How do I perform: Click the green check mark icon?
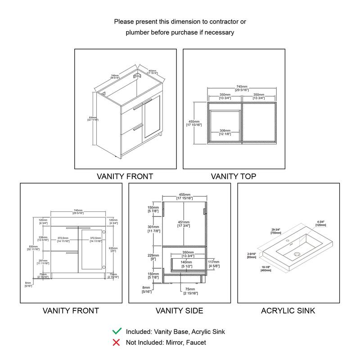(x=117, y=331)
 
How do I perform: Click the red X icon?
(x=117, y=342)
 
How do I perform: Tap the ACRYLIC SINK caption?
(x=288, y=310)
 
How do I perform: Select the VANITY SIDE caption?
(x=179, y=310)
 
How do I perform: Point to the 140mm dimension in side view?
(x=186, y=263)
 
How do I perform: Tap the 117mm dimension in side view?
(x=213, y=264)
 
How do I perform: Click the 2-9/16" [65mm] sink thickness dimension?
(x=252, y=255)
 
